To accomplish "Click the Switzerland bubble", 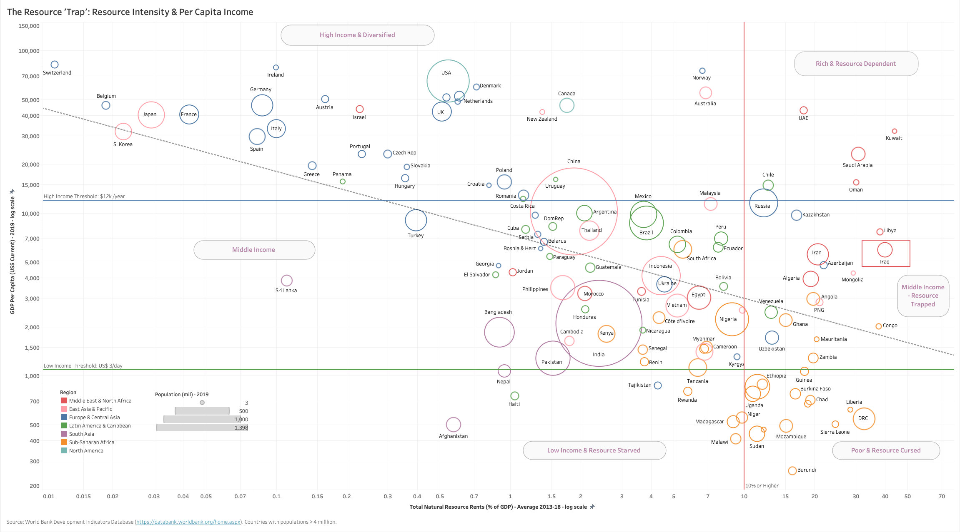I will click(55, 65).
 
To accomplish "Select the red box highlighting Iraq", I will click(886, 253).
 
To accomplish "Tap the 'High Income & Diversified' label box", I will click(357, 35).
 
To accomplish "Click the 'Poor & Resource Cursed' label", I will click(886, 450).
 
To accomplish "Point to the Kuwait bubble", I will click(895, 131).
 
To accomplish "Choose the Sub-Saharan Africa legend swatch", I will click(64, 442).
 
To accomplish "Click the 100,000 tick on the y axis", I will click(29, 51).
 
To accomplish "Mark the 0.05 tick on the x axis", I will click(206, 496).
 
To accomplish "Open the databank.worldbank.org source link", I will click(188, 522).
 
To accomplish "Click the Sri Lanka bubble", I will click(287, 281).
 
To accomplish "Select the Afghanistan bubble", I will click(454, 425).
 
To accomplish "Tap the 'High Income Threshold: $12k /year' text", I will click(84, 196).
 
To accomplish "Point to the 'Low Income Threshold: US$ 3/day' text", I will click(83, 366).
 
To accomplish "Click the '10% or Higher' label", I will click(762, 486).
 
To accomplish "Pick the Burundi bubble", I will click(792, 471).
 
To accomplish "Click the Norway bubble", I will click(702, 71).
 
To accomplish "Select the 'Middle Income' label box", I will click(254, 250).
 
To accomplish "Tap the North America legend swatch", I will click(64, 450).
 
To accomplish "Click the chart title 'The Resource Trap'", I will click(130, 12).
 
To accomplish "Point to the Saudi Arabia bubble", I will click(858, 154).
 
